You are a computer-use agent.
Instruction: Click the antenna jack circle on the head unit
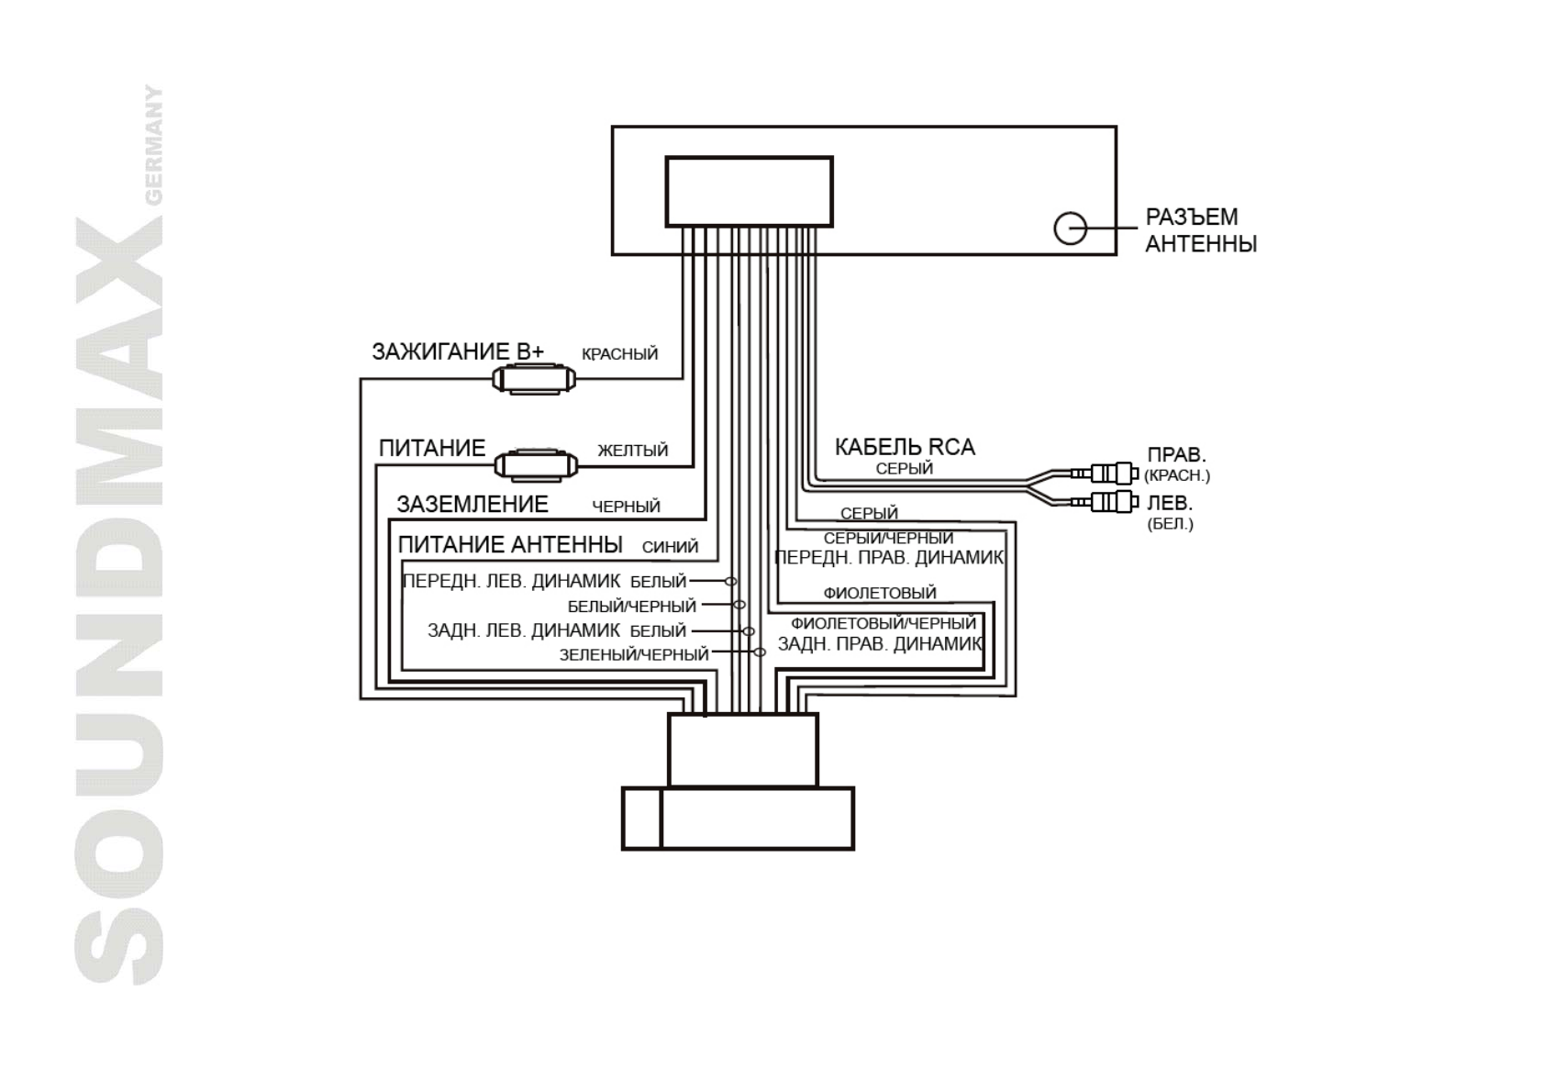(x=1070, y=228)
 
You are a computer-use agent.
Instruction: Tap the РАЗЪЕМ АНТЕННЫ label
(x=1200, y=230)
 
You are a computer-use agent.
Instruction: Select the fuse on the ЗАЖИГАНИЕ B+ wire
(x=533, y=378)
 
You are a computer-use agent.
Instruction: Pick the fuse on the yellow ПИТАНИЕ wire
(x=536, y=465)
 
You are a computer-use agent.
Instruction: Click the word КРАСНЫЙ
(x=619, y=354)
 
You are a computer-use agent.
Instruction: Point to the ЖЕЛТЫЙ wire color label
(x=632, y=451)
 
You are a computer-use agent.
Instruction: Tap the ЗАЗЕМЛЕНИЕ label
(x=472, y=504)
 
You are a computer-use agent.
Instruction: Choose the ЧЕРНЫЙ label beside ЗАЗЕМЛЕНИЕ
(x=626, y=507)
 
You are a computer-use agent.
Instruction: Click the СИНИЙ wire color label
(x=670, y=547)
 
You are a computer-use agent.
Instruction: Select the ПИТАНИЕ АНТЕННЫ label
(x=510, y=544)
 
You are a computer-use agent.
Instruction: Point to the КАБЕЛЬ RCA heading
(x=904, y=447)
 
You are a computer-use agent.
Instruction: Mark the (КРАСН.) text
(x=1176, y=475)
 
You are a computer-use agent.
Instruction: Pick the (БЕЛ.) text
(x=1170, y=525)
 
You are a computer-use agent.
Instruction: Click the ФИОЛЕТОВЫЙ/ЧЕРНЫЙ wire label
(x=883, y=624)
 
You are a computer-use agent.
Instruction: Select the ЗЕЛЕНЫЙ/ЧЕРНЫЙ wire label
(x=634, y=654)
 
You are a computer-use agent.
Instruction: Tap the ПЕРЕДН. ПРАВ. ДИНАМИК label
(x=888, y=558)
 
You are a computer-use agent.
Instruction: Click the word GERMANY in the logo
(x=155, y=145)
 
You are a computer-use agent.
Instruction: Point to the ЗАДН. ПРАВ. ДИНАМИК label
(x=879, y=644)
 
